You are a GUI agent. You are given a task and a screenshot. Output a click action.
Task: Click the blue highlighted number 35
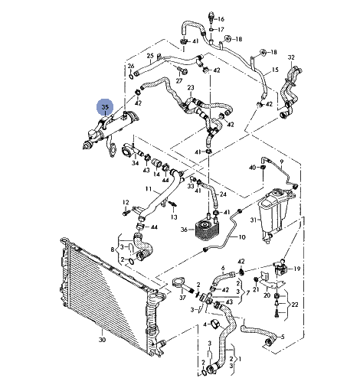pyautogui.click(x=105, y=107)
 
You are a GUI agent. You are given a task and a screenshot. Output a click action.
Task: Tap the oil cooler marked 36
pyautogui.click(x=207, y=230)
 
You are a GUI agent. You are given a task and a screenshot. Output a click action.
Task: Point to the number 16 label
pyautogui.click(x=221, y=19)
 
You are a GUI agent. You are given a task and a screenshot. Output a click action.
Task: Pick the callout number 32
pyautogui.click(x=291, y=57)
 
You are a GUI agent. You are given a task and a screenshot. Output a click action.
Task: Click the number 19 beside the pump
pyautogui.click(x=297, y=269)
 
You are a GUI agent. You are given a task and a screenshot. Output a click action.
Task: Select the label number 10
pyautogui.click(x=242, y=237)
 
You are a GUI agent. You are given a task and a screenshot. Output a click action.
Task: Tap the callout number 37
pyautogui.click(x=182, y=298)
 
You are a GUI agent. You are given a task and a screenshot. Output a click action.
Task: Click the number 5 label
pyautogui.click(x=283, y=337)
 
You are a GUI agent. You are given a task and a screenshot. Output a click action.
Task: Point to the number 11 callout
pyautogui.click(x=149, y=189)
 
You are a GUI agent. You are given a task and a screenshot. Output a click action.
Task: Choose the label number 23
pyautogui.click(x=191, y=87)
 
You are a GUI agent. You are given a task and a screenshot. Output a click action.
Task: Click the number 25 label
pyautogui.click(x=150, y=56)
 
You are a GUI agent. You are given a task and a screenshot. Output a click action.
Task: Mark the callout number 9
pyautogui.click(x=281, y=161)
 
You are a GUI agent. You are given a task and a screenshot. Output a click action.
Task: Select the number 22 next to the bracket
pyautogui.click(x=295, y=305)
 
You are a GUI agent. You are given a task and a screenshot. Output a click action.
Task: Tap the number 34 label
pyautogui.click(x=136, y=163)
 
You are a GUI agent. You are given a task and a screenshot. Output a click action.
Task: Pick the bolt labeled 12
pyautogui.click(x=126, y=212)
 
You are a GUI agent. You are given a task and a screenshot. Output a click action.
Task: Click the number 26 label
pyautogui.click(x=131, y=66)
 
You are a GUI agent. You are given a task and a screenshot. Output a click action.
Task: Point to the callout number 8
pyautogui.click(x=113, y=249)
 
